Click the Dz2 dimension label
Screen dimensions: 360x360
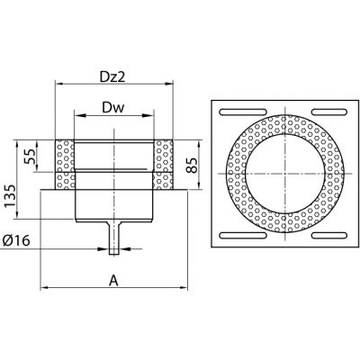(x=112, y=77)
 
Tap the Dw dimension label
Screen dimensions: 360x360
(x=113, y=108)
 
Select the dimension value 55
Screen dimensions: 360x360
(x=31, y=155)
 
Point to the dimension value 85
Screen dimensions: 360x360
(x=193, y=165)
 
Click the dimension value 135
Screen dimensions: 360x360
(x=11, y=196)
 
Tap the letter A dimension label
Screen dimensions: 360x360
(x=113, y=281)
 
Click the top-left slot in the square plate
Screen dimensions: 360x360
(x=243, y=112)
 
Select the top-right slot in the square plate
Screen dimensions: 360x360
(x=330, y=112)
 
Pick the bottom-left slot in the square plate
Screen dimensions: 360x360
(x=243, y=235)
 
